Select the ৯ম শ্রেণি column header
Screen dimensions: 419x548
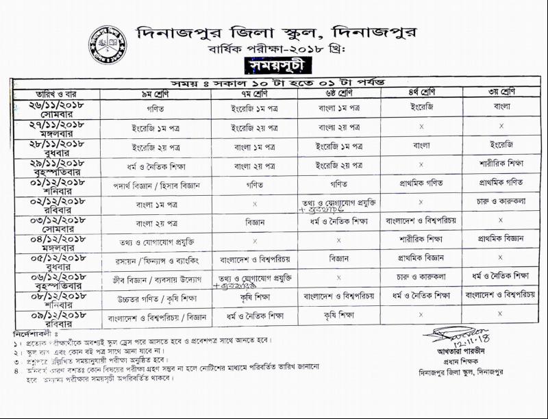coord(155,92)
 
